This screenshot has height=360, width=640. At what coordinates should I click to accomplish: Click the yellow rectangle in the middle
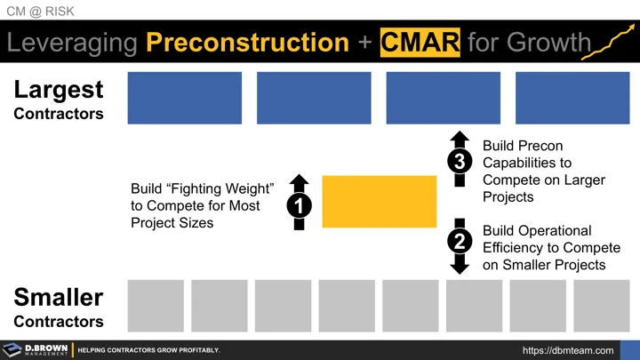379,202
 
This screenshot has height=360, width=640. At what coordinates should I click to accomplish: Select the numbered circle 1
299,204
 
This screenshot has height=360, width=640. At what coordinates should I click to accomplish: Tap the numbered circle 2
460,241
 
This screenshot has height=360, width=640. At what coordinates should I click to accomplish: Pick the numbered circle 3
460,161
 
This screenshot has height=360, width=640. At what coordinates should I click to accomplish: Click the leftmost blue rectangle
185,98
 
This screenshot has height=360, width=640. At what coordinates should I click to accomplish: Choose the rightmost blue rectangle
572,98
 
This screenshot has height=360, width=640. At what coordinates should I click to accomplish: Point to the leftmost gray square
156,305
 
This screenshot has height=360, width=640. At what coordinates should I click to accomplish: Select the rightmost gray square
601,305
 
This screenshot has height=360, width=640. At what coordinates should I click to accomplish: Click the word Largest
59,90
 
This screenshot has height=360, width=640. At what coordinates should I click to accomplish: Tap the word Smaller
59,298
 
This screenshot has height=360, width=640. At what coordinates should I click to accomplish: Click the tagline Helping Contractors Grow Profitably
148,350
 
